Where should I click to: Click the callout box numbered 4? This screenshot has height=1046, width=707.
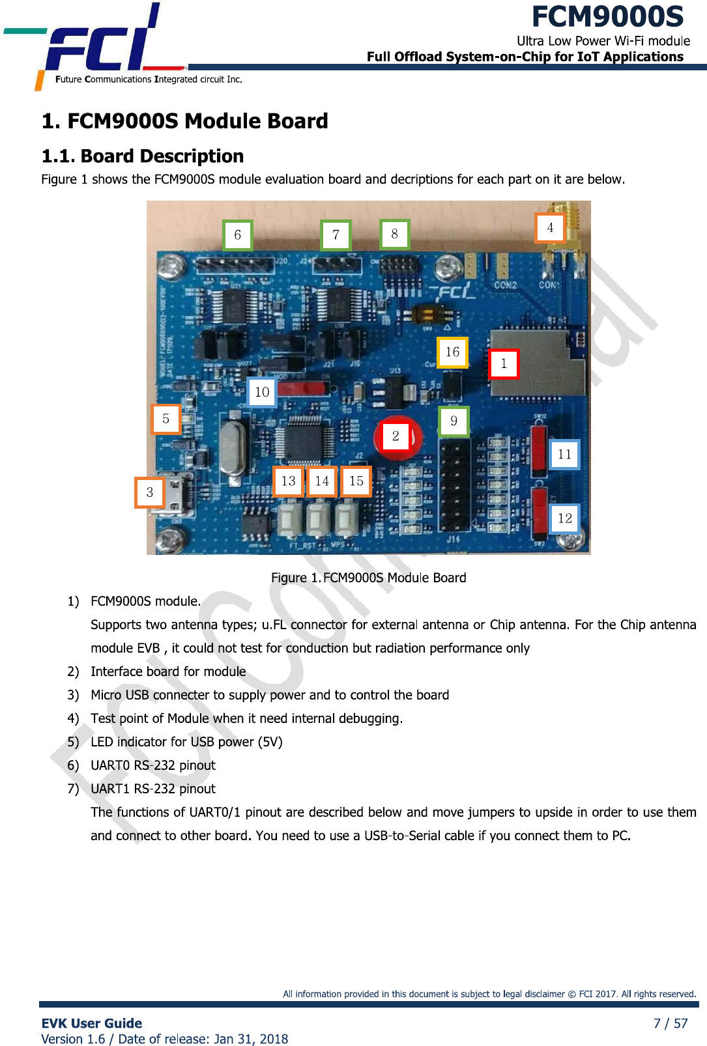(x=550, y=228)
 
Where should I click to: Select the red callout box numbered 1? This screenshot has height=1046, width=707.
(x=504, y=363)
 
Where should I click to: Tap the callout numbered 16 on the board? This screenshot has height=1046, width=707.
(x=452, y=352)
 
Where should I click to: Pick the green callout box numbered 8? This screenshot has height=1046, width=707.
(x=395, y=234)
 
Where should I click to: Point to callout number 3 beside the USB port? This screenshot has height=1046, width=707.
(x=150, y=492)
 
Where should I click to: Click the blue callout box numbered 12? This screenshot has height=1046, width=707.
(x=564, y=518)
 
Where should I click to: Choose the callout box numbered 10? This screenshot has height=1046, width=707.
(x=262, y=392)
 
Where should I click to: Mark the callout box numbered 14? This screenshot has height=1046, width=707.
(x=322, y=481)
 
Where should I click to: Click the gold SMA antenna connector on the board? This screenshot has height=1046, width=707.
(x=572, y=228)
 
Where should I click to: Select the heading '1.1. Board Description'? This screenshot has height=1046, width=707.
(x=143, y=156)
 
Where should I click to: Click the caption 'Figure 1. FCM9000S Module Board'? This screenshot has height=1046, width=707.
(x=368, y=578)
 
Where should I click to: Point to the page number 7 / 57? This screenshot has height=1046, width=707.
(x=671, y=1023)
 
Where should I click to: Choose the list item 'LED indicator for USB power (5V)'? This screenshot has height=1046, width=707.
(x=186, y=742)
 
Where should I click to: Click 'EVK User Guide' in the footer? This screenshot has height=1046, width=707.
(x=92, y=1023)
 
